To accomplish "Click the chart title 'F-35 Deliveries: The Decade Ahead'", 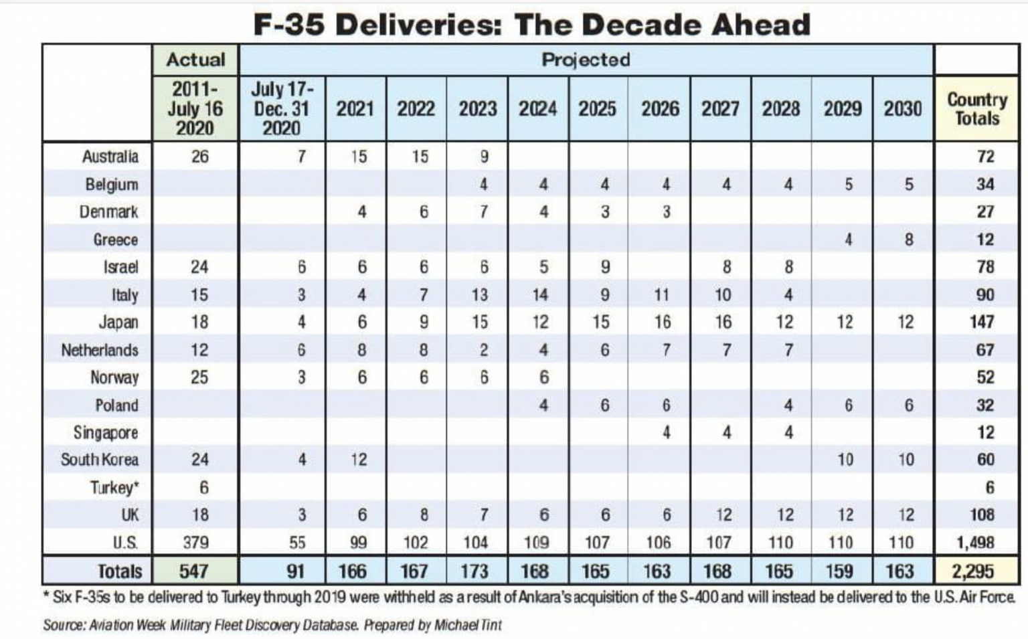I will tap(532, 25).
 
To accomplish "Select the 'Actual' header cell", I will tap(195, 60).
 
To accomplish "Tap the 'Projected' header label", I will tap(586, 60).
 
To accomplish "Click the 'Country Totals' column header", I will tap(976, 108).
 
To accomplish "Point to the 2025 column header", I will tap(597, 108).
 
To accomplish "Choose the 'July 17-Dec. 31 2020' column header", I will tap(282, 108).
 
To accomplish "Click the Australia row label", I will tap(110, 157).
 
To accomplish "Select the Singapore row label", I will tap(106, 432).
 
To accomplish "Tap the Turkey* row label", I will tap(114, 487).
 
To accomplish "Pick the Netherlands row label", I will tap(100, 350).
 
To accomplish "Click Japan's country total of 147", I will tap(981, 322).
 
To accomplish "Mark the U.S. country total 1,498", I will tap(975, 542).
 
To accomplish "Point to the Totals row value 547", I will tap(193, 571).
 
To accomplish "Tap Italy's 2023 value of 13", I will tap(479, 294).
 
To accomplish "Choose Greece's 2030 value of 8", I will tap(908, 240).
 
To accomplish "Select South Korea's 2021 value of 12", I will tap(359, 460).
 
